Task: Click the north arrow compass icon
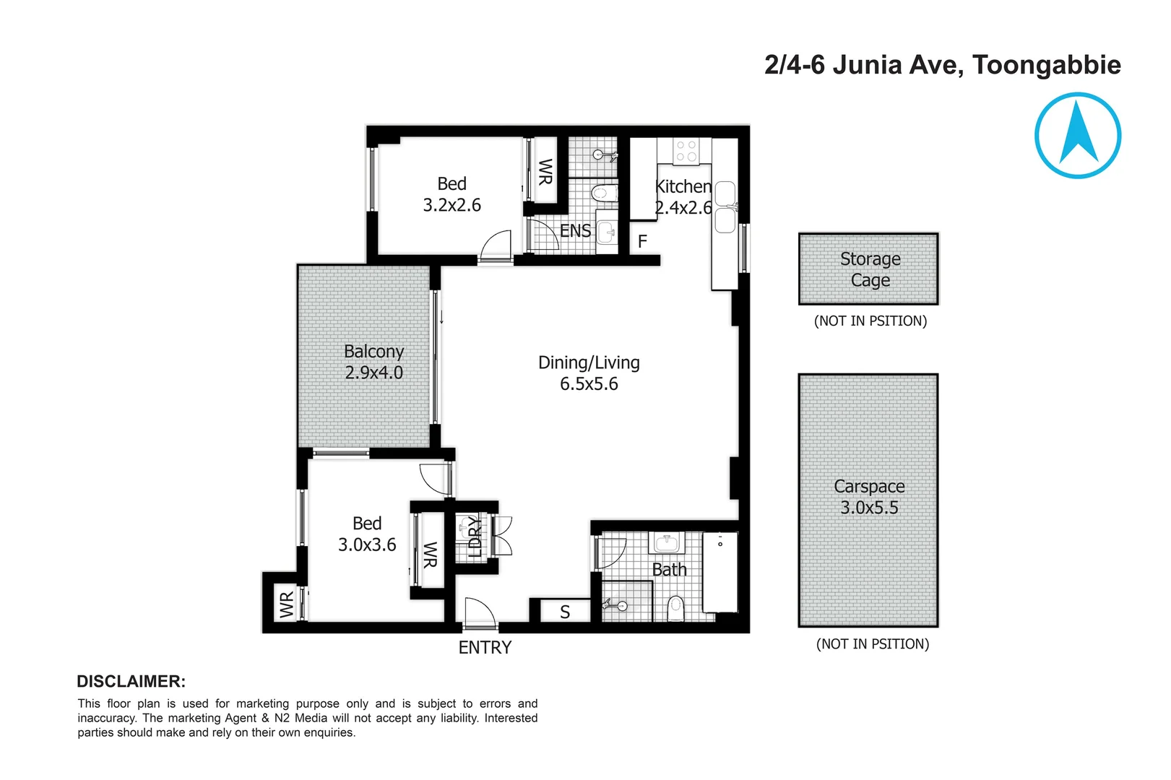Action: (1077, 135)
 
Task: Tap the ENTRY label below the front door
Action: (485, 648)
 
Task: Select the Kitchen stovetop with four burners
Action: (686, 151)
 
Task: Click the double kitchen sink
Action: (725, 207)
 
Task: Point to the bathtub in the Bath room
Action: (720, 572)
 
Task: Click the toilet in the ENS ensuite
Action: (604, 193)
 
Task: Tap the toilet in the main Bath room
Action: (675, 608)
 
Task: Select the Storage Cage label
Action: (870, 269)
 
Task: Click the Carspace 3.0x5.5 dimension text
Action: (869, 508)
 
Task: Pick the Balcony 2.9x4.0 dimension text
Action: (373, 373)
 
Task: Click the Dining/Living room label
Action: (589, 363)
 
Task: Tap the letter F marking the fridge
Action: (642, 241)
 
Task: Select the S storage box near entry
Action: (565, 612)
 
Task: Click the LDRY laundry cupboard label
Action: (474, 537)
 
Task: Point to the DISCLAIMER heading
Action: (131, 681)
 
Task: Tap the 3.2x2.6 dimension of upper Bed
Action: (451, 205)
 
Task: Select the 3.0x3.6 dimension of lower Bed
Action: (367, 545)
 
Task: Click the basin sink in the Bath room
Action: (666, 542)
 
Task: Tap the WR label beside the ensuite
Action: (545, 172)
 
